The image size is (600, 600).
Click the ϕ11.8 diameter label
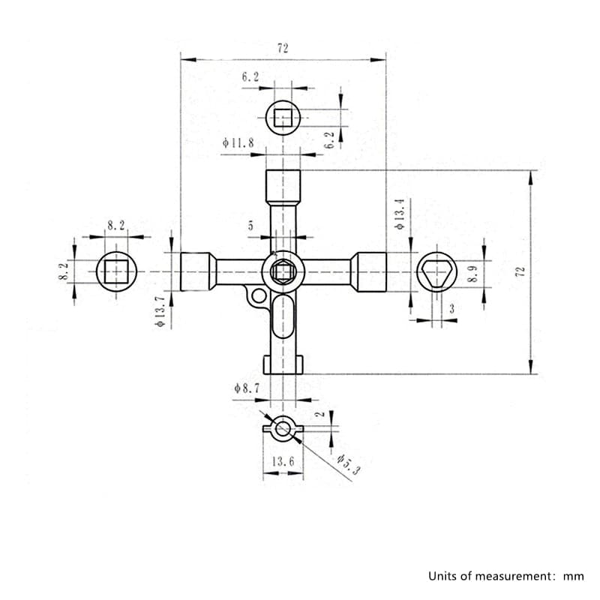point(239,142)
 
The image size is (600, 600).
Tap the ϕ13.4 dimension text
point(400,214)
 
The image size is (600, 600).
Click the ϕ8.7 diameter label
point(247,388)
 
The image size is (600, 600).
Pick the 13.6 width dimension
point(283,461)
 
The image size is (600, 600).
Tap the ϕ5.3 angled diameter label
point(344,465)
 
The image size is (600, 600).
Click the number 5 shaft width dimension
point(250,225)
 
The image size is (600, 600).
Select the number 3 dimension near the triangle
point(451,308)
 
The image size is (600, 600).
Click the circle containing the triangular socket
point(436,271)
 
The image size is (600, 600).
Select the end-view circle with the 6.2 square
point(283,118)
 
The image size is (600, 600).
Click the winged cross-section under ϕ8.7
point(283,429)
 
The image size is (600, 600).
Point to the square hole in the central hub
point(283,272)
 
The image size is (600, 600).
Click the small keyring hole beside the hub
point(258,295)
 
